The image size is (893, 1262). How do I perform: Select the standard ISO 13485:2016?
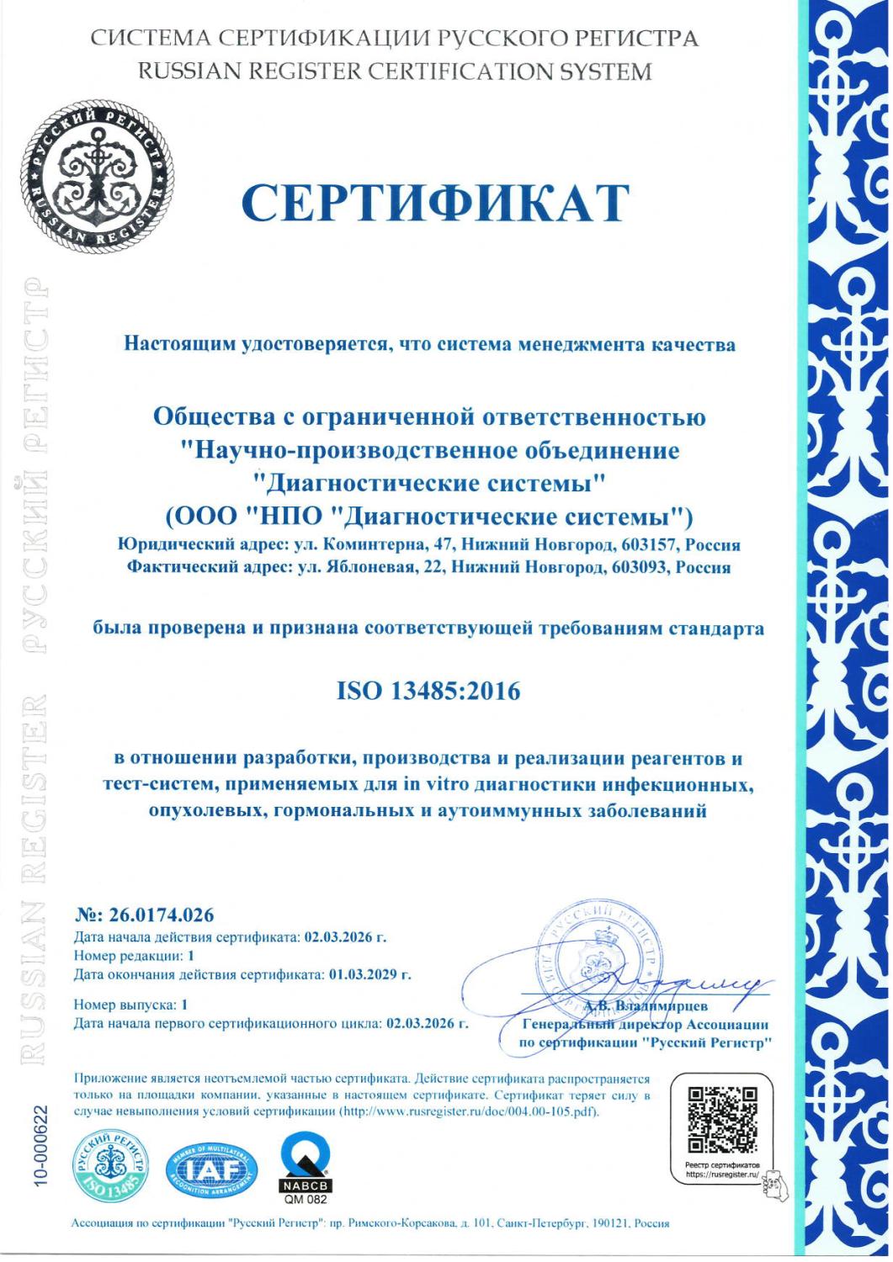coord(428,692)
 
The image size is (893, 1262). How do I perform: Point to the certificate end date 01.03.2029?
coord(364,976)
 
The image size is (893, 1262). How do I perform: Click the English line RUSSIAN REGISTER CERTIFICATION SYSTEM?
coord(395,72)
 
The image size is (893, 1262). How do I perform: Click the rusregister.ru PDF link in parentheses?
coord(467,1112)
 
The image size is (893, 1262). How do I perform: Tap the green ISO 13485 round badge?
coord(113,1167)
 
